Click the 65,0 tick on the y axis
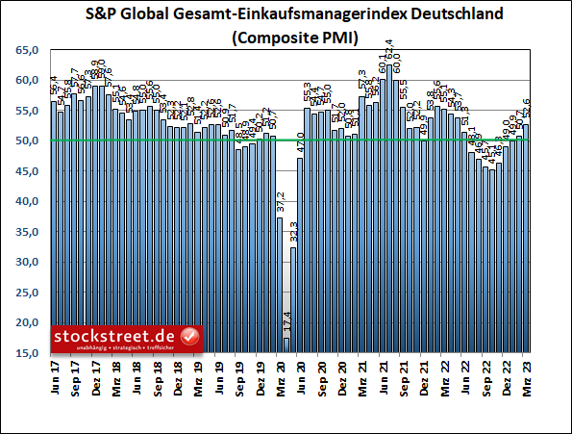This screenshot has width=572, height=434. [x=27, y=50]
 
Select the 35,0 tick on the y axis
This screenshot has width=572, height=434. [x=27, y=233]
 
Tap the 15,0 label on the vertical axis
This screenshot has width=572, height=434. [x=27, y=354]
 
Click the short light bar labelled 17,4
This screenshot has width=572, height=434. [x=286, y=345]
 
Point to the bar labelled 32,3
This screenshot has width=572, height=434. [x=293, y=300]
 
